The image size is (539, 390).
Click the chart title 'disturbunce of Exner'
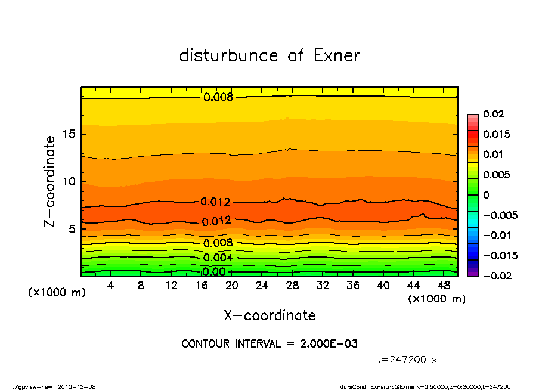pos(269,55)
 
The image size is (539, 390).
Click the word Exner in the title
pos(336,55)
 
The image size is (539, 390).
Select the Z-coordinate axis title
pos(50,181)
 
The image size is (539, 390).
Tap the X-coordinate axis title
pos(269,315)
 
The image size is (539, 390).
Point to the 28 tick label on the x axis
pos(292,286)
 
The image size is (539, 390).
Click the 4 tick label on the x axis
pos(111,286)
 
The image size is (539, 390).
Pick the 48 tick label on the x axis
pos(443,286)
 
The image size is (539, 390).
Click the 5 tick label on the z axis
pos(73,229)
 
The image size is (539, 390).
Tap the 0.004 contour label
pos(218,258)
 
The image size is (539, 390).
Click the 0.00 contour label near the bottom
pos(213,272)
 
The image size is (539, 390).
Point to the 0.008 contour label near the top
pos(218,97)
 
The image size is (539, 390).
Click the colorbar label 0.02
pos(494,114)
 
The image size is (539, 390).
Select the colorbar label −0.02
pos(496,276)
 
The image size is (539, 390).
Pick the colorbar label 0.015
pos(496,134)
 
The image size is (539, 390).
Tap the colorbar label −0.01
pos(496,235)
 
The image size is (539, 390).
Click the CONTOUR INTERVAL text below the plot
pos(269,344)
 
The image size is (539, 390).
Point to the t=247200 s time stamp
pos(407,360)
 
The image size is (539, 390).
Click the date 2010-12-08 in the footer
pos(76,386)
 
